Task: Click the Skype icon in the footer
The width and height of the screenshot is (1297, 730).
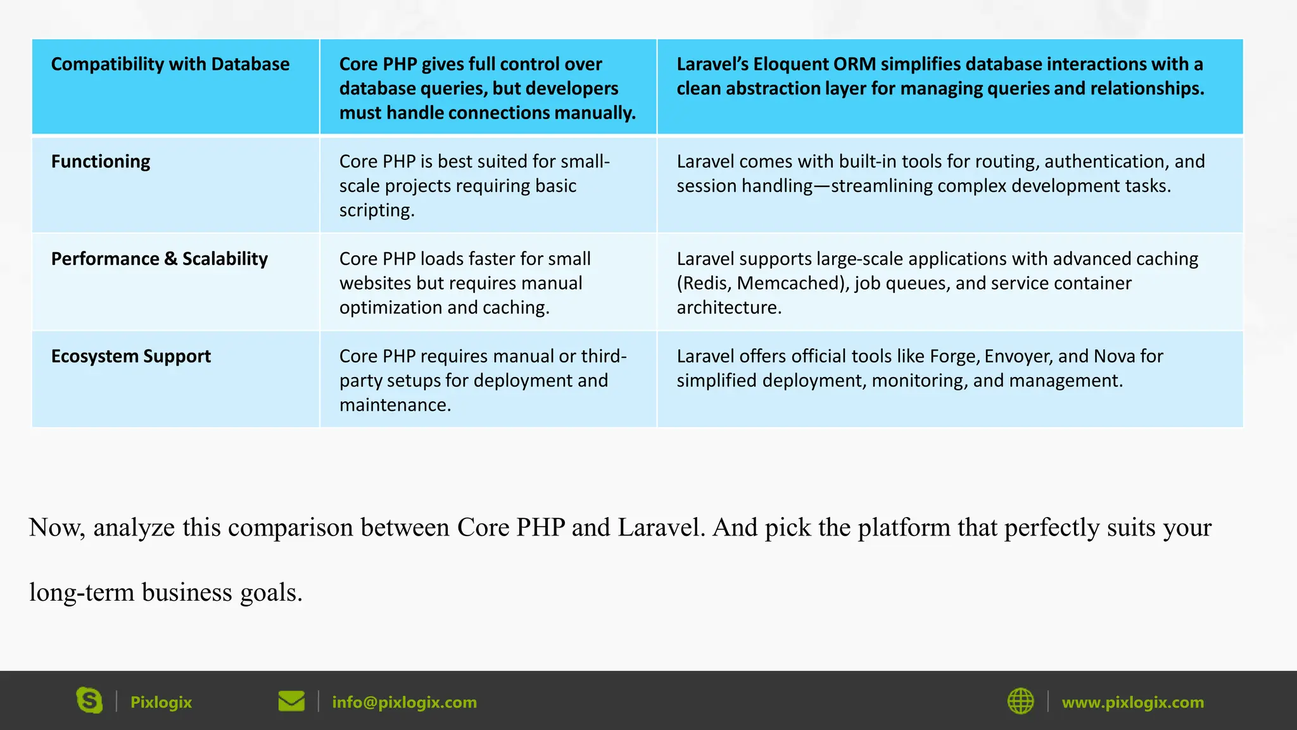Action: click(89, 701)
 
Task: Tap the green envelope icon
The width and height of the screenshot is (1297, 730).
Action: click(291, 701)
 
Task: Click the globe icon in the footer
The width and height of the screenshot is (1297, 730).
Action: click(1020, 701)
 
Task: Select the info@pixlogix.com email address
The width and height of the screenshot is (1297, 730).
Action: click(404, 702)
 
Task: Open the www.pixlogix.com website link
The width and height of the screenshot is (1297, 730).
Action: click(1132, 702)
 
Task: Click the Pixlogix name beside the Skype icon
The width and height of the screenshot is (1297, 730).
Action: click(161, 702)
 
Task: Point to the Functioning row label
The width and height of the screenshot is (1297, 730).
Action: click(101, 162)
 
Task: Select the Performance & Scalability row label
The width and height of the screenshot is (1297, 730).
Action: click(160, 259)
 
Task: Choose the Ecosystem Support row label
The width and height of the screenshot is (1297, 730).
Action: click(131, 356)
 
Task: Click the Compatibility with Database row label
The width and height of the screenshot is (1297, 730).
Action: click(170, 64)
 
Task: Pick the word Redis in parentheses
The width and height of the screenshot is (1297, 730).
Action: click(705, 283)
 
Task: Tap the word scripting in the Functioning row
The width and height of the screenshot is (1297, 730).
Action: click(376, 210)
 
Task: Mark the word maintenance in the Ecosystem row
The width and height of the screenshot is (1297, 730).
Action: click(395, 405)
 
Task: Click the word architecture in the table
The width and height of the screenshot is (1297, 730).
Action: click(728, 307)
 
